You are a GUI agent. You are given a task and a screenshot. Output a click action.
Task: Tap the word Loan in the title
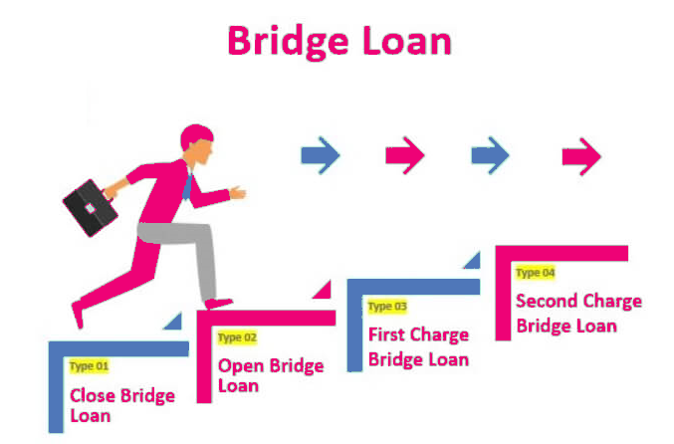click(408, 42)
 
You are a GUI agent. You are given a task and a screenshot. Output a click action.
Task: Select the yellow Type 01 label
click(89, 366)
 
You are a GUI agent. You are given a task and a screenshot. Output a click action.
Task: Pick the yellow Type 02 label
click(237, 337)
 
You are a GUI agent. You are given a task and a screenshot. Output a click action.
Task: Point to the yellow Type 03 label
click(387, 307)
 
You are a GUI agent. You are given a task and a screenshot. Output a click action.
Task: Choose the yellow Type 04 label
click(535, 273)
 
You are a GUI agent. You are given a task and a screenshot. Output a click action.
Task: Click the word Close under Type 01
click(93, 395)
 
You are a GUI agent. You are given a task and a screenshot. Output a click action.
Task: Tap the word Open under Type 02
click(239, 365)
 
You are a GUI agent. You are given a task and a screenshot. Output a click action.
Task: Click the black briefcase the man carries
click(90, 206)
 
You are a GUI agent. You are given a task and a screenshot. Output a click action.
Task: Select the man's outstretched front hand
click(237, 191)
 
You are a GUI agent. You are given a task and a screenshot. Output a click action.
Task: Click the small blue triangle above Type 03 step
click(472, 261)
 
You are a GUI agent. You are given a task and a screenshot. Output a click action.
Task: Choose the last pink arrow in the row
click(581, 155)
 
